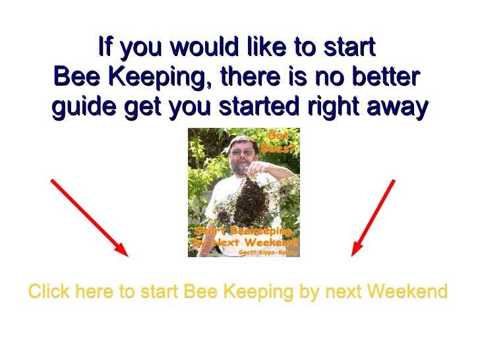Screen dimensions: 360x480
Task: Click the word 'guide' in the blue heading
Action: tap(78, 107)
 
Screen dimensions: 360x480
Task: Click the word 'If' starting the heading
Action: tap(104, 47)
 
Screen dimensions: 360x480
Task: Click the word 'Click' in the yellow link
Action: tap(49, 291)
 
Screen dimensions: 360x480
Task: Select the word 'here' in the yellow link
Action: tap(95, 291)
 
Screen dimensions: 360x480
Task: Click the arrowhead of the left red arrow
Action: tap(122, 251)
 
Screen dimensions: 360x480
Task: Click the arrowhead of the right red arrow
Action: tap(357, 250)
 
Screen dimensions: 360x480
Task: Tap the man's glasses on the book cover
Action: tap(241, 152)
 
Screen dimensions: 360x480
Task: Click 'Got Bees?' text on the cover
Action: tap(275, 142)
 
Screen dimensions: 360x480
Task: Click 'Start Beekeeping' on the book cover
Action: tap(243, 231)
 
